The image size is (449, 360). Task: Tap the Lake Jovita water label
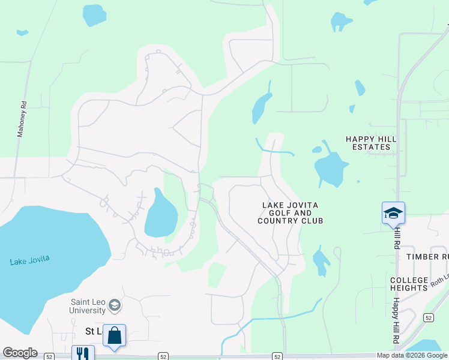coord(29,260)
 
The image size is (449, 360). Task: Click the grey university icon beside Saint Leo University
coord(114,306)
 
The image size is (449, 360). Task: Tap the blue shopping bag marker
coord(114,335)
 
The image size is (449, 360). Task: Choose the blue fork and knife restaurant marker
coord(83,354)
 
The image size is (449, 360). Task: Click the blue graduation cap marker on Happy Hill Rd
coord(393,213)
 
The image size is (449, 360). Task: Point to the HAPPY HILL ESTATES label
coord(371,143)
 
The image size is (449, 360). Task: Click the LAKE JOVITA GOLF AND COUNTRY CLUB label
coord(290,213)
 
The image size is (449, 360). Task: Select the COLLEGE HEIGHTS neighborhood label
coord(409,284)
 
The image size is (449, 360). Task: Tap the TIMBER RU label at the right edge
coord(427,256)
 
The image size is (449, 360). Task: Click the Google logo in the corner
coord(20,353)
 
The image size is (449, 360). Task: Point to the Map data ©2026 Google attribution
coord(412,355)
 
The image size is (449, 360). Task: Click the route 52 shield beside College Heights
coord(427,317)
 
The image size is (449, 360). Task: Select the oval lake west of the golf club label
coord(160,215)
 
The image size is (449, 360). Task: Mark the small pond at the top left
coord(94,15)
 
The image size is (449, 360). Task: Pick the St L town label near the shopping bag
coord(92,332)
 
